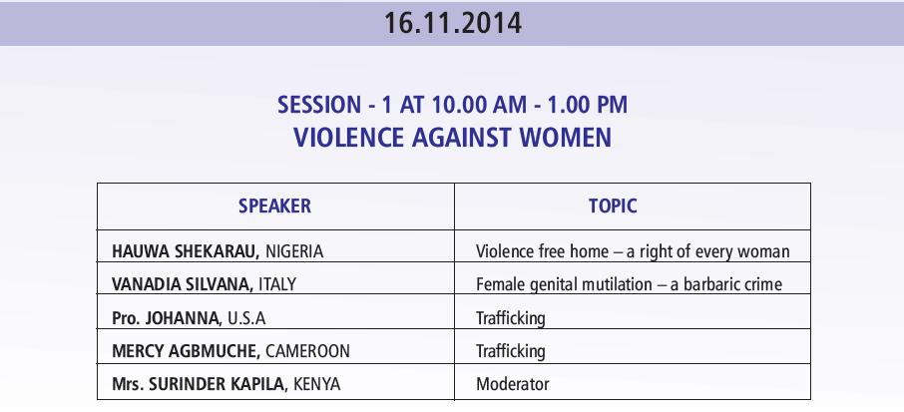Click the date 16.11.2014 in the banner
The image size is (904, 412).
[x=453, y=24]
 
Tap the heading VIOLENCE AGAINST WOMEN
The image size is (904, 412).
[x=453, y=138]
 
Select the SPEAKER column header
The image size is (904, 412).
[x=275, y=206]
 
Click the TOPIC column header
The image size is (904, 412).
[x=613, y=206]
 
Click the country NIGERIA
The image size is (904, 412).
[x=294, y=251]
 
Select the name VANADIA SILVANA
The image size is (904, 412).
[x=183, y=284]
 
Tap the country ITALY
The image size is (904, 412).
[x=277, y=284]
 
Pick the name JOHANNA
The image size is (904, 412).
[x=184, y=318]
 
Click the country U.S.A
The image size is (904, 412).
[x=246, y=318]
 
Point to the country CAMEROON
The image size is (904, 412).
[x=308, y=351]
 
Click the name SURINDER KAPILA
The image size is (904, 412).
[x=218, y=384]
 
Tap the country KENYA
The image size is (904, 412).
[x=316, y=384]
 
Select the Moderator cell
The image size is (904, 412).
[x=513, y=384]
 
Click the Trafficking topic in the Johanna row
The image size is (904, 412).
[x=510, y=318]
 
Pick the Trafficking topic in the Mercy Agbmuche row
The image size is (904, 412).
[x=510, y=351]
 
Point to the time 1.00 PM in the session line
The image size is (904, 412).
[x=587, y=105]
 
